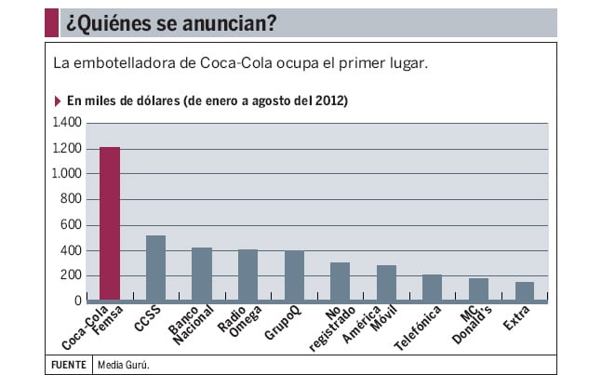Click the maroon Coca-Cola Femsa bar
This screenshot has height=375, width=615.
coord(110,224)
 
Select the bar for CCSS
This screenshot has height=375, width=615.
coord(155,268)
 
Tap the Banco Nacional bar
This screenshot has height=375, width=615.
coord(202,275)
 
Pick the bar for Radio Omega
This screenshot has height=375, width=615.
coord(247,275)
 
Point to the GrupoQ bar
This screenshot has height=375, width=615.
coord(294,276)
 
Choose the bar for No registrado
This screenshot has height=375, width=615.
coord(341,282)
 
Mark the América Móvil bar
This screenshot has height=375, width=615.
coord(386,284)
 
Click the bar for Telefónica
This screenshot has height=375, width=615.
coord(433,288)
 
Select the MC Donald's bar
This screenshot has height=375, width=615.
coord(478,290)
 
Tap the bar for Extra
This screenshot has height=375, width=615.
coord(525,292)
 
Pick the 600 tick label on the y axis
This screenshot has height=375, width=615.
coord(73,225)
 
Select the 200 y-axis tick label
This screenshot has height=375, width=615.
coord(73,276)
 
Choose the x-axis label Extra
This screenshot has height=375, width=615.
coord(516,318)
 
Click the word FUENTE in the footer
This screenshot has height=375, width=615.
coord(68,364)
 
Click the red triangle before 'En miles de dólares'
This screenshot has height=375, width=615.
coord(59,100)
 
